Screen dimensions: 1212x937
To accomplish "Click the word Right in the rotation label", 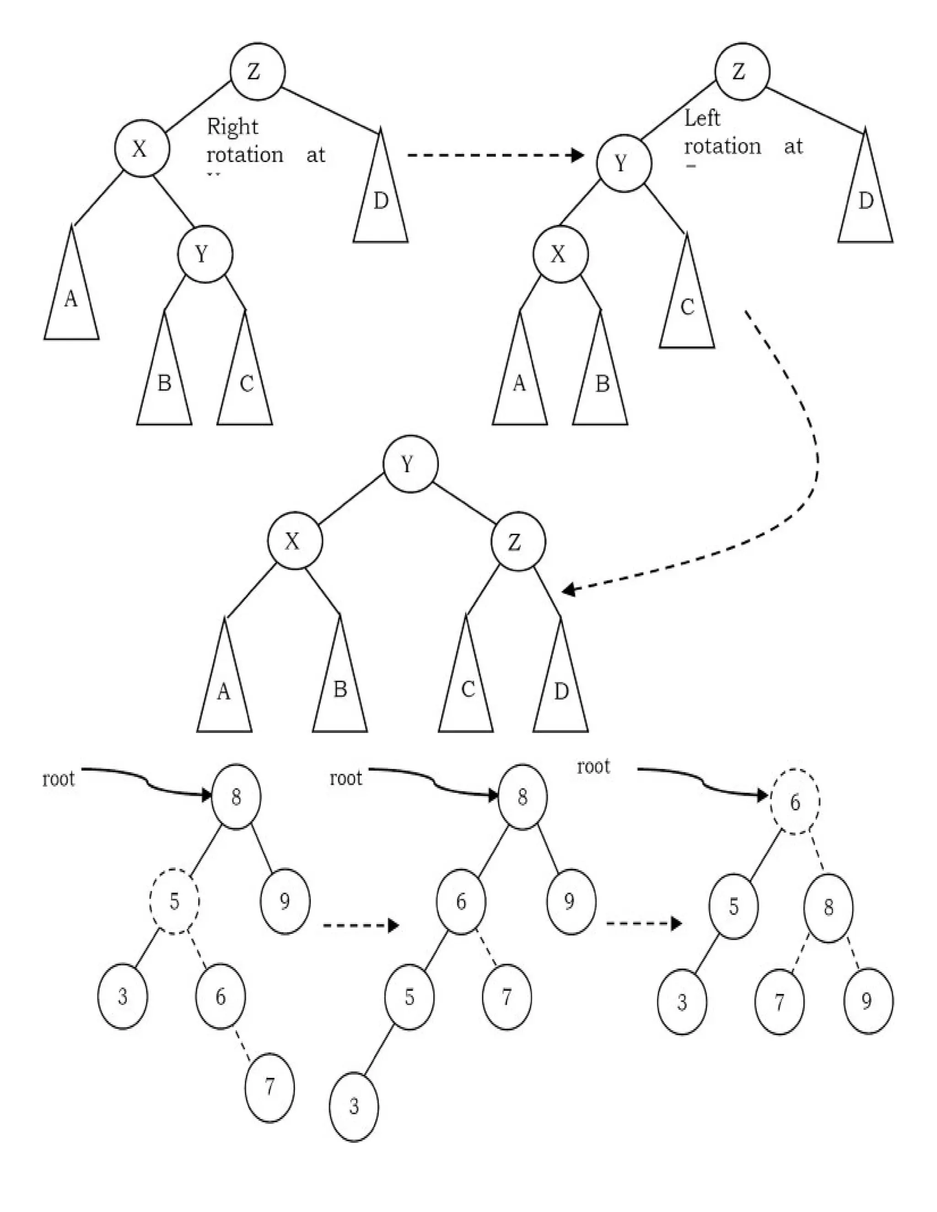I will click(x=232, y=127).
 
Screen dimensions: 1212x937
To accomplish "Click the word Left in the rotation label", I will click(x=702, y=118).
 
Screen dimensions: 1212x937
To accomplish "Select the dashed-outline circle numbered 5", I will click(x=174, y=901).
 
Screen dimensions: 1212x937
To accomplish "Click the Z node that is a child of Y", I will click(x=517, y=542).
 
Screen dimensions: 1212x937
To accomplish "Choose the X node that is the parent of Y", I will click(x=141, y=149).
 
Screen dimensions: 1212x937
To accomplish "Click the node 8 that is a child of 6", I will click(x=828, y=908).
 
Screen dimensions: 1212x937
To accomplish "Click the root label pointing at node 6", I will click(x=593, y=767).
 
